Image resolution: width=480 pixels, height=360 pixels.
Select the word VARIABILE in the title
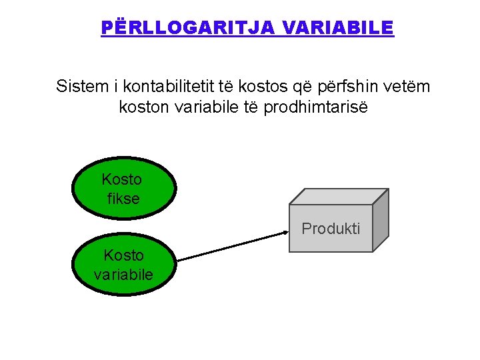pyautogui.click(x=339, y=28)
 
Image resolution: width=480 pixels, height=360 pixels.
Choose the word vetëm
pyautogui.click(x=407, y=87)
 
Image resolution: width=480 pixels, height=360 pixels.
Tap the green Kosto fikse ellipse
pyautogui.click(x=123, y=189)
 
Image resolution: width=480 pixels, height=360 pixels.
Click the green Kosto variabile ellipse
pyautogui.click(x=123, y=265)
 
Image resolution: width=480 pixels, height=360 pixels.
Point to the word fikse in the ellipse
pyautogui.click(x=123, y=198)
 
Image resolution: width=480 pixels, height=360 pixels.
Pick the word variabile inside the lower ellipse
pyautogui.click(x=123, y=274)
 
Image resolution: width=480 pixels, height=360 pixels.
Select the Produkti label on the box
pyautogui.click(x=331, y=229)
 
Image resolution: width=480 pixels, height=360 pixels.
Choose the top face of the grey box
pyautogui.click(x=339, y=196)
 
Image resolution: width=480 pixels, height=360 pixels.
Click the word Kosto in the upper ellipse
pyautogui.click(x=122, y=179)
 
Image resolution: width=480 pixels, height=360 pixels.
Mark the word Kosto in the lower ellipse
pyautogui.click(x=124, y=255)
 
